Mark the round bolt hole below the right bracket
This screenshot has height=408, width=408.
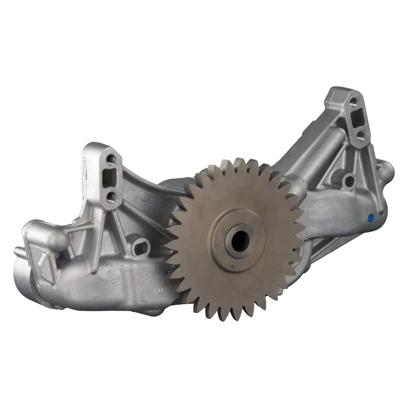coord(348,180)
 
